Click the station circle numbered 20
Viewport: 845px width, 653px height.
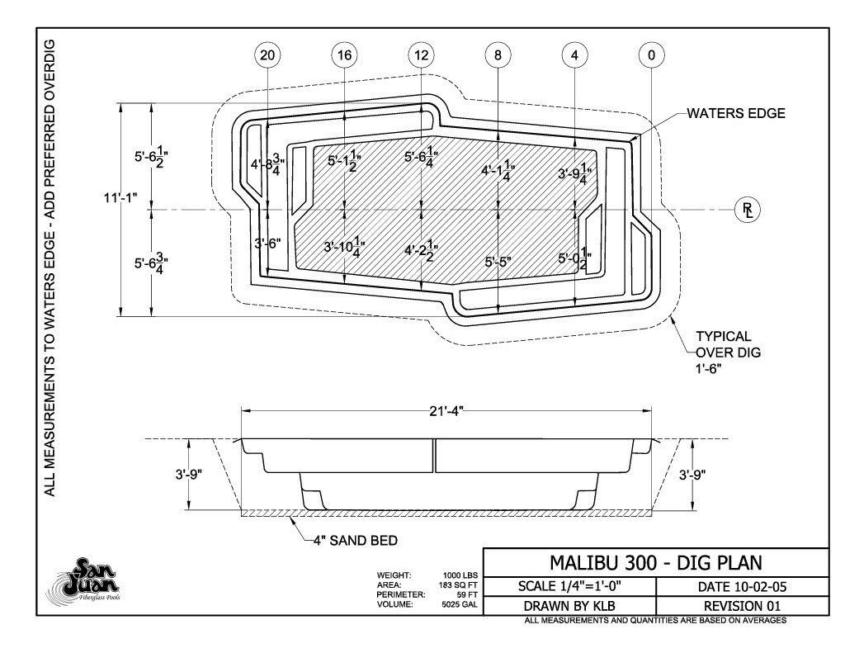tap(267, 55)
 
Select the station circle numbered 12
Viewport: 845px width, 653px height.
tap(422, 55)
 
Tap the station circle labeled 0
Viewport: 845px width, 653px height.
tap(652, 55)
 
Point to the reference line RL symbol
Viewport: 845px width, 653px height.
tap(748, 210)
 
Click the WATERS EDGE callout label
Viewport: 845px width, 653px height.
tap(735, 113)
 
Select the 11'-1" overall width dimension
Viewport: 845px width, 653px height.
tap(120, 197)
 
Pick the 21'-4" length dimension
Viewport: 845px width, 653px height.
tap(446, 411)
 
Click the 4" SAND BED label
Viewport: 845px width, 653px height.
tap(356, 540)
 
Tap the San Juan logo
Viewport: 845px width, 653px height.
tap(83, 580)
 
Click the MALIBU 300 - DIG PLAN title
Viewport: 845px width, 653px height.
tap(656, 563)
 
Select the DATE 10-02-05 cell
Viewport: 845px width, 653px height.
tap(742, 587)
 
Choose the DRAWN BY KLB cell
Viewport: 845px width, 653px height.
tap(569, 606)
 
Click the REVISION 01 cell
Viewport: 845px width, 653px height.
tap(742, 606)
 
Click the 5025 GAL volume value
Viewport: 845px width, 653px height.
tap(460, 604)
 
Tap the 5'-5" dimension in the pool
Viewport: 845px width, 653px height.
tap(498, 262)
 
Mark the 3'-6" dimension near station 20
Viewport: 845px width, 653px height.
tap(268, 244)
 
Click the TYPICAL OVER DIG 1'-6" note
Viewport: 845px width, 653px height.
tap(728, 353)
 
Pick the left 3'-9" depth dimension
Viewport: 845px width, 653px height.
tap(189, 475)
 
